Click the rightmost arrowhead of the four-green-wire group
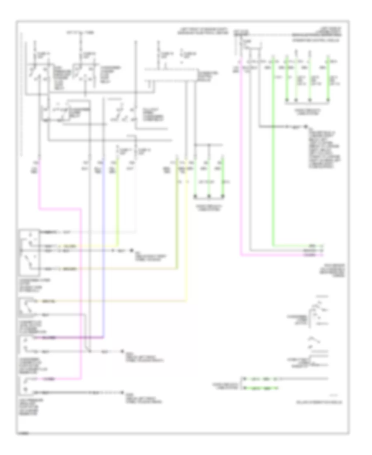(327, 100)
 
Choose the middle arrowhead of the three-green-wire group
(209, 196)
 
